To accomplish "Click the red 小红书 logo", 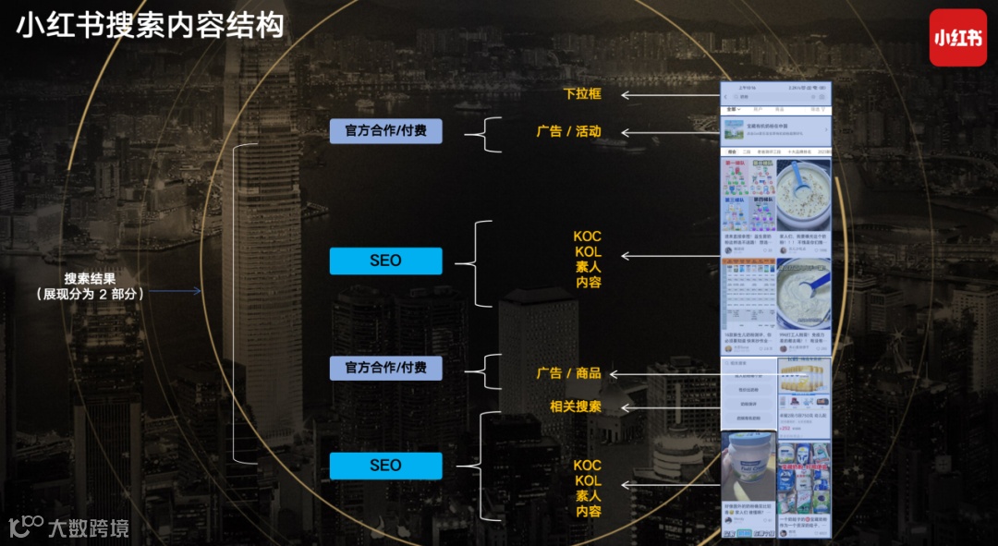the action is (958, 38).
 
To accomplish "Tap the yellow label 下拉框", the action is (582, 94).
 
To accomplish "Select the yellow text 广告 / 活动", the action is (568, 131).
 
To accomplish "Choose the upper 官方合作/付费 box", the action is (385, 131).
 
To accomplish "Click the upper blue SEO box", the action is (385, 261).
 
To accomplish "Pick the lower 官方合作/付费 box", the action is (385, 368).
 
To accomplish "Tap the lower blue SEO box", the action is (385, 466).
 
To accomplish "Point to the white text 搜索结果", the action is (90, 278).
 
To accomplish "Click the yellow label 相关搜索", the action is (575, 406).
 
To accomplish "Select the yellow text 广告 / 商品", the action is (568, 373).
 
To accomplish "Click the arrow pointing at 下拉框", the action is (670, 94).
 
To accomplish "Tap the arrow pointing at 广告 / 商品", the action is (663, 373).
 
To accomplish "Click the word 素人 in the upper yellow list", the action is (588, 267).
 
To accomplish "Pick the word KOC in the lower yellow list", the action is (588, 465).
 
